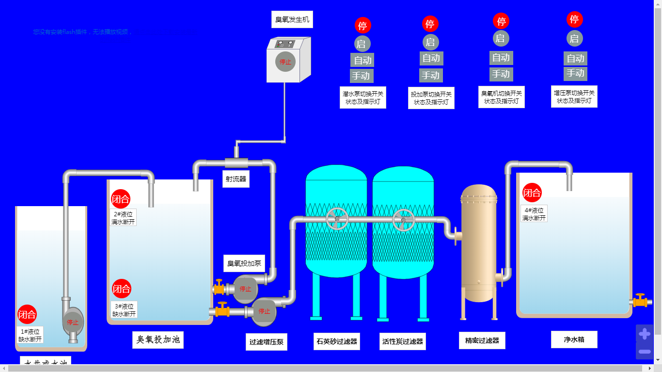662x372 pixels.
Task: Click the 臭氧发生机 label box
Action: pyautogui.click(x=292, y=20)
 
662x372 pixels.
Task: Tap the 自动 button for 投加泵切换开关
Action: pyautogui.click(x=431, y=58)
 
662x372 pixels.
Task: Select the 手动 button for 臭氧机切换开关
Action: pyautogui.click(x=501, y=74)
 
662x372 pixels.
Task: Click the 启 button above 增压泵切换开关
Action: pyautogui.click(x=574, y=38)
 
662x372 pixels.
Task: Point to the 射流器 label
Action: pyautogui.click(x=236, y=179)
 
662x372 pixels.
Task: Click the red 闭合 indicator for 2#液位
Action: pyautogui.click(x=121, y=199)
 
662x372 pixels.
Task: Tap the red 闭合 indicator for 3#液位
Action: pyautogui.click(x=122, y=289)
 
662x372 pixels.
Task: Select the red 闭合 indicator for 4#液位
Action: pyautogui.click(x=532, y=193)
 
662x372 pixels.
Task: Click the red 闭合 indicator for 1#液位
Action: pyautogui.click(x=27, y=315)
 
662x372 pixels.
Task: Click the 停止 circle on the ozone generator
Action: pyautogui.click(x=285, y=62)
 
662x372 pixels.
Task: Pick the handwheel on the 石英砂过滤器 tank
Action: pyautogui.click(x=337, y=219)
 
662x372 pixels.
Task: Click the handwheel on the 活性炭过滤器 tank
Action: pyautogui.click(x=404, y=220)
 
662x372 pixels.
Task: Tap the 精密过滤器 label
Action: pyautogui.click(x=482, y=340)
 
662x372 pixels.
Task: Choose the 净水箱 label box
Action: pyautogui.click(x=574, y=340)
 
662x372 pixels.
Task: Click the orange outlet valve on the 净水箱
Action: pyautogui.click(x=640, y=301)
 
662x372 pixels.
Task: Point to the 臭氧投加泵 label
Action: pyautogui.click(x=244, y=263)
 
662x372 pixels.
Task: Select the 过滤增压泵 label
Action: pyautogui.click(x=266, y=341)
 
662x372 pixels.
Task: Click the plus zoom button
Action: pyautogui.click(x=644, y=334)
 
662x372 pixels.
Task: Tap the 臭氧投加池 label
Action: pyautogui.click(x=158, y=340)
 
